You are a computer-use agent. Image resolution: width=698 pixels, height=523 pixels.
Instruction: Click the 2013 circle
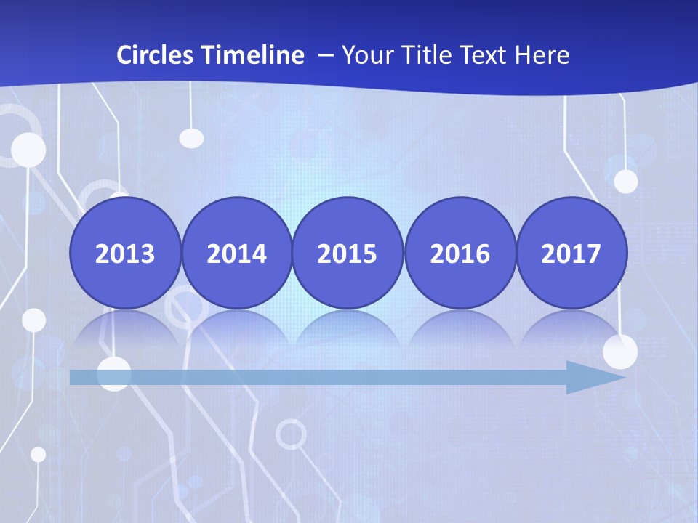(125, 253)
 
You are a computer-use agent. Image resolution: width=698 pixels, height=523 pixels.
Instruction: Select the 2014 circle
(236, 253)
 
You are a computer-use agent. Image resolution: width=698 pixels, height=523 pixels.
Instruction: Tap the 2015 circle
(348, 253)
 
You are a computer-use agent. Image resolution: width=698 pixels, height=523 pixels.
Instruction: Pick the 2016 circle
(460, 253)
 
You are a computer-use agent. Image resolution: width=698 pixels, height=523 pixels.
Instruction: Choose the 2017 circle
(571, 253)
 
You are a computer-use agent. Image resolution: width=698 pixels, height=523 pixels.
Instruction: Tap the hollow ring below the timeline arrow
(291, 434)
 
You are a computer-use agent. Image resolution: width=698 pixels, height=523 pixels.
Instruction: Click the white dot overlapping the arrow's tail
(114, 374)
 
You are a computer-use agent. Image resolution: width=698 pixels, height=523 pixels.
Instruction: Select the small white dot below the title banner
(191, 137)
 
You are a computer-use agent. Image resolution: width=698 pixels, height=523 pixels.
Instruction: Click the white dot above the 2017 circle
(625, 181)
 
